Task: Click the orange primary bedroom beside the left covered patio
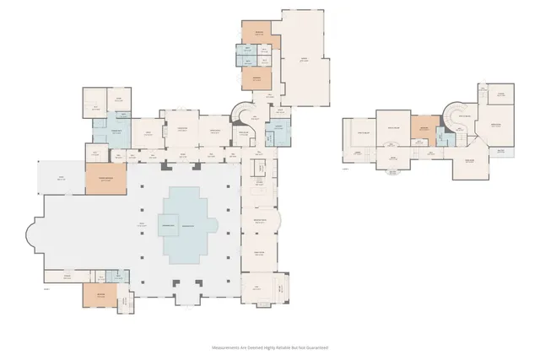click(105, 179)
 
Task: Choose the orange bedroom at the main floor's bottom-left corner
click(100, 295)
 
